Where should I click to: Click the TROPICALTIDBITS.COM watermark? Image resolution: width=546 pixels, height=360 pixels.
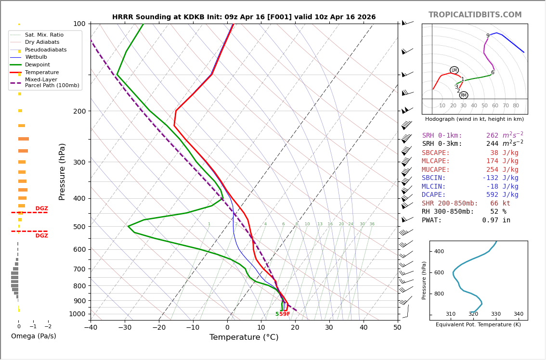pyautogui.click(x=475, y=15)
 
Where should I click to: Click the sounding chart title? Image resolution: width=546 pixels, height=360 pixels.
pyautogui.click(x=244, y=17)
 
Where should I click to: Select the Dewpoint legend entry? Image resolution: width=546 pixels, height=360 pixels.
pyautogui.click(x=38, y=64)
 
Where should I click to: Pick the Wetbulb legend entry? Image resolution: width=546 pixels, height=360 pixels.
pyautogui.click(x=36, y=57)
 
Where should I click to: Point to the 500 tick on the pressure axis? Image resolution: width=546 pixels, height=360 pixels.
pyautogui.click(x=79, y=227)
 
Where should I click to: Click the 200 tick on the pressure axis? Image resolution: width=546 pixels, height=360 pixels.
pyautogui.click(x=79, y=111)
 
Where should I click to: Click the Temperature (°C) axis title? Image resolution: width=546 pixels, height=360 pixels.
pyautogui.click(x=244, y=337)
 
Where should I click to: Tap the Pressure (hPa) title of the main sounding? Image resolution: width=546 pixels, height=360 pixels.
pyautogui.click(x=62, y=171)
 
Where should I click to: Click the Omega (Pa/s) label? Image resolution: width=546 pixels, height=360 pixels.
pyautogui.click(x=34, y=336)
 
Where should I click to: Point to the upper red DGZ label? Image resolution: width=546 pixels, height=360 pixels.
pyautogui.click(x=42, y=209)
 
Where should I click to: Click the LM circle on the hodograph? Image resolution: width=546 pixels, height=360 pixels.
pyautogui.click(x=454, y=70)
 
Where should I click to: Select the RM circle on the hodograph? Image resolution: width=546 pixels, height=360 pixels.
pyautogui.click(x=464, y=95)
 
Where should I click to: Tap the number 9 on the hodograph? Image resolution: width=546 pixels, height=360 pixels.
pyautogui.click(x=488, y=36)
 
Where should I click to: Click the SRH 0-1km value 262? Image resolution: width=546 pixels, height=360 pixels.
pyautogui.click(x=492, y=136)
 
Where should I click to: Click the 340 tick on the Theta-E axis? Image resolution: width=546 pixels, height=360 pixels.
pyautogui.click(x=518, y=314)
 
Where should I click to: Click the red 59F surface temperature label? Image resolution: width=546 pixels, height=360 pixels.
pyautogui.click(x=285, y=314)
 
